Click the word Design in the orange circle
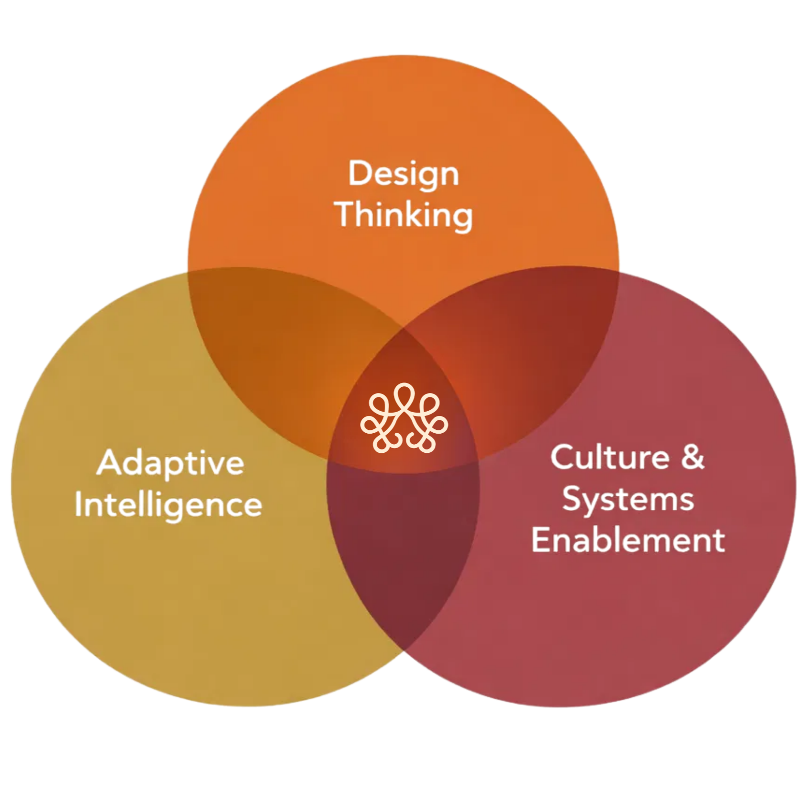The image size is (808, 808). pos(404,174)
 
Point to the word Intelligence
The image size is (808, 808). pos(168,505)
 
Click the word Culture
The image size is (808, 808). pos(609,457)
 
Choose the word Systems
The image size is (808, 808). pos(628,499)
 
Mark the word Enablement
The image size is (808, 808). pos(628,540)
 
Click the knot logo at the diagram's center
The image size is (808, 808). pos(404,418)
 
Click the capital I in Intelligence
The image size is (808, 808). pos(79,505)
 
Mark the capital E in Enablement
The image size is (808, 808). pos(540,540)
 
